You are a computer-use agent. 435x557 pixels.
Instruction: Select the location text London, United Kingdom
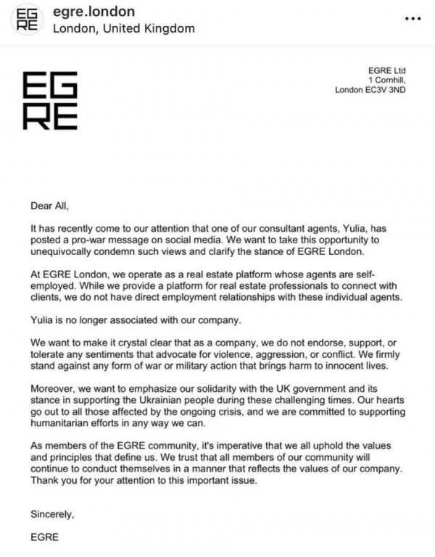point(124,29)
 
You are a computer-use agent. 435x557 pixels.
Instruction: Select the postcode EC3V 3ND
point(389,91)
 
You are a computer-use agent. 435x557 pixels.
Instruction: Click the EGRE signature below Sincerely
point(43,538)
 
